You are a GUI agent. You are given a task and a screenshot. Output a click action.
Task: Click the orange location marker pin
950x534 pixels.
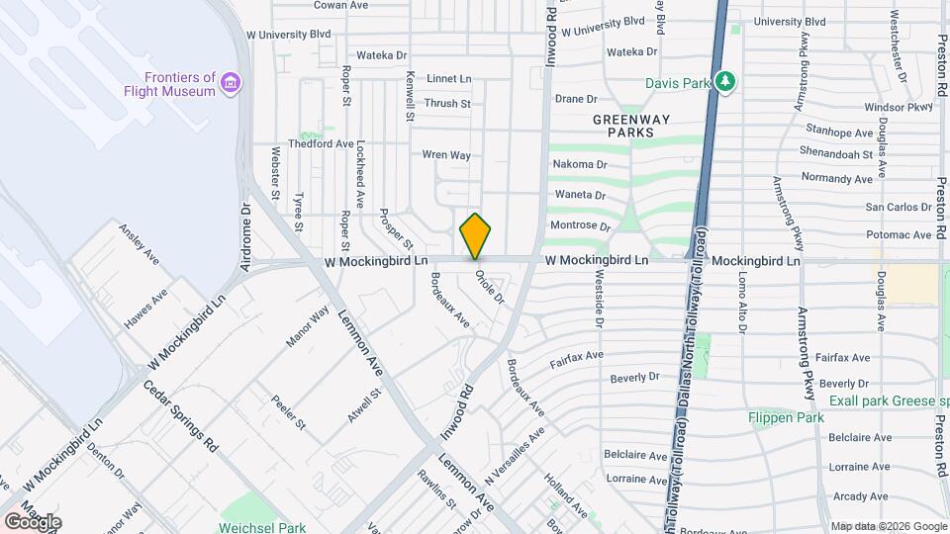pyautogui.click(x=475, y=235)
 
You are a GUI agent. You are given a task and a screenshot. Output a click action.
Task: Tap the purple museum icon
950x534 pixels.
pyautogui.click(x=231, y=80)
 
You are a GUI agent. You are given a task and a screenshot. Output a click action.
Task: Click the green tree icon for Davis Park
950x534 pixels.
pyautogui.click(x=725, y=80)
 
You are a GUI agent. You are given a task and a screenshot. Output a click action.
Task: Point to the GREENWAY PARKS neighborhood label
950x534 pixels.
pyautogui.click(x=631, y=126)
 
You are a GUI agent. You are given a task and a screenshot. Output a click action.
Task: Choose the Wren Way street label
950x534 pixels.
pyautogui.click(x=446, y=154)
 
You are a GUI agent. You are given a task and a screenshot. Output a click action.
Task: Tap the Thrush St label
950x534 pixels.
pyautogui.click(x=447, y=103)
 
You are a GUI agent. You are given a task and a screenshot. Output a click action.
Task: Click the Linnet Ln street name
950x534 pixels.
pyautogui.click(x=449, y=78)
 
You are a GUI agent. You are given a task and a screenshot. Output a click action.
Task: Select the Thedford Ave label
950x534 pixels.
pyautogui.click(x=321, y=143)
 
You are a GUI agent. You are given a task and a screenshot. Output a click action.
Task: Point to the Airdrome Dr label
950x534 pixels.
pyautogui.click(x=246, y=237)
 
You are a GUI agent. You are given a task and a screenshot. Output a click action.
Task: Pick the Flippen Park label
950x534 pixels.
pyautogui.click(x=785, y=417)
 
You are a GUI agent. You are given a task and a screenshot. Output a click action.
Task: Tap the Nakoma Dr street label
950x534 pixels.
pyautogui.click(x=580, y=164)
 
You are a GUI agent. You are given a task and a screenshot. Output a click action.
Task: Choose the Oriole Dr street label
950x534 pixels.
pyautogui.click(x=490, y=287)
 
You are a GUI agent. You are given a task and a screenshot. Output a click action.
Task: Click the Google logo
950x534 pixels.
pyautogui.click(x=32, y=521)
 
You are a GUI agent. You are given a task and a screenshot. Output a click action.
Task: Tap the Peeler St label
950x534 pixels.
pyautogui.click(x=288, y=410)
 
